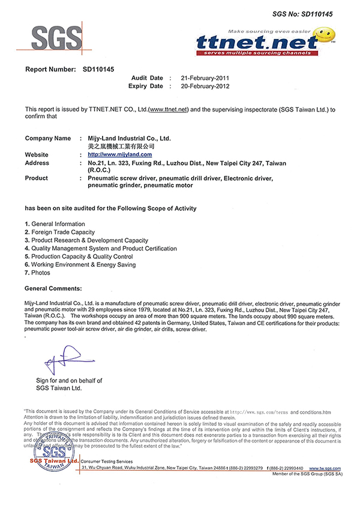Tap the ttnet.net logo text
tap(259, 42)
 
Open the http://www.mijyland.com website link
tap(114, 155)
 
